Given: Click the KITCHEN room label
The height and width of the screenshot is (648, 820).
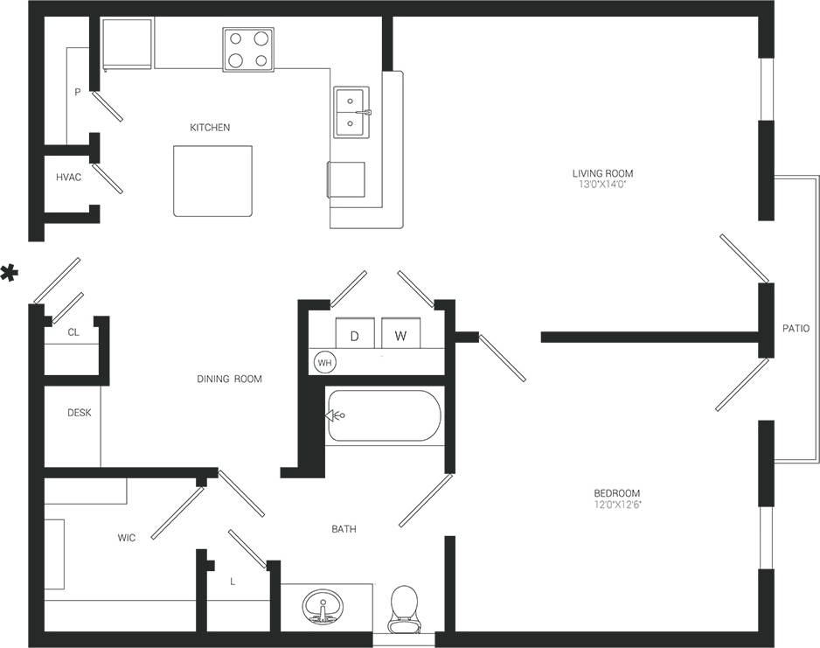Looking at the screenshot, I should [x=210, y=128].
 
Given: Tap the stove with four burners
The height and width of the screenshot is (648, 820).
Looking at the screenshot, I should [x=247, y=49].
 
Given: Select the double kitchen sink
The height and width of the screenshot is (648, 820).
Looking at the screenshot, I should [x=351, y=112].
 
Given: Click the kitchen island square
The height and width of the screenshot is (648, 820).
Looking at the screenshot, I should [x=212, y=180].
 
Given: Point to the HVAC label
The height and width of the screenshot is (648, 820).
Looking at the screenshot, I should [x=68, y=178].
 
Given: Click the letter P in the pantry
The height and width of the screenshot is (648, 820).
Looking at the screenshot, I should [x=78, y=91].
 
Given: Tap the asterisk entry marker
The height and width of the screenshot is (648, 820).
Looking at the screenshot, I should [x=10, y=273].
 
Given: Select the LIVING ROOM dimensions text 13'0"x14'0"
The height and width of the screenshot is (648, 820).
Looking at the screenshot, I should [x=601, y=185].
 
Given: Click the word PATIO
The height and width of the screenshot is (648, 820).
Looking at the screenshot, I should [x=796, y=329].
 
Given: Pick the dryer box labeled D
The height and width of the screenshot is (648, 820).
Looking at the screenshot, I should [x=355, y=336].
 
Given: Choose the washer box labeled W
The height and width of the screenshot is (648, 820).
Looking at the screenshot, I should [x=400, y=336].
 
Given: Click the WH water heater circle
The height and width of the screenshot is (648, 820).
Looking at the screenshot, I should [x=323, y=362].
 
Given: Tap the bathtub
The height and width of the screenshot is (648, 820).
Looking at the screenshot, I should [x=384, y=416].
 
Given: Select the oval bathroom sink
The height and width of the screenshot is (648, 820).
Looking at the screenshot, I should [x=324, y=605].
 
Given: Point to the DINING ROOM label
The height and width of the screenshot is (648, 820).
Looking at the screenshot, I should [x=229, y=380].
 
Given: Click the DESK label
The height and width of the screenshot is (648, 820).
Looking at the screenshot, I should [x=80, y=413].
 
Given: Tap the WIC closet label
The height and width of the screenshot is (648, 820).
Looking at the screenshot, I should [x=127, y=538].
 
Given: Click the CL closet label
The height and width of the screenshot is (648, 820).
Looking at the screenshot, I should [x=73, y=332].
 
